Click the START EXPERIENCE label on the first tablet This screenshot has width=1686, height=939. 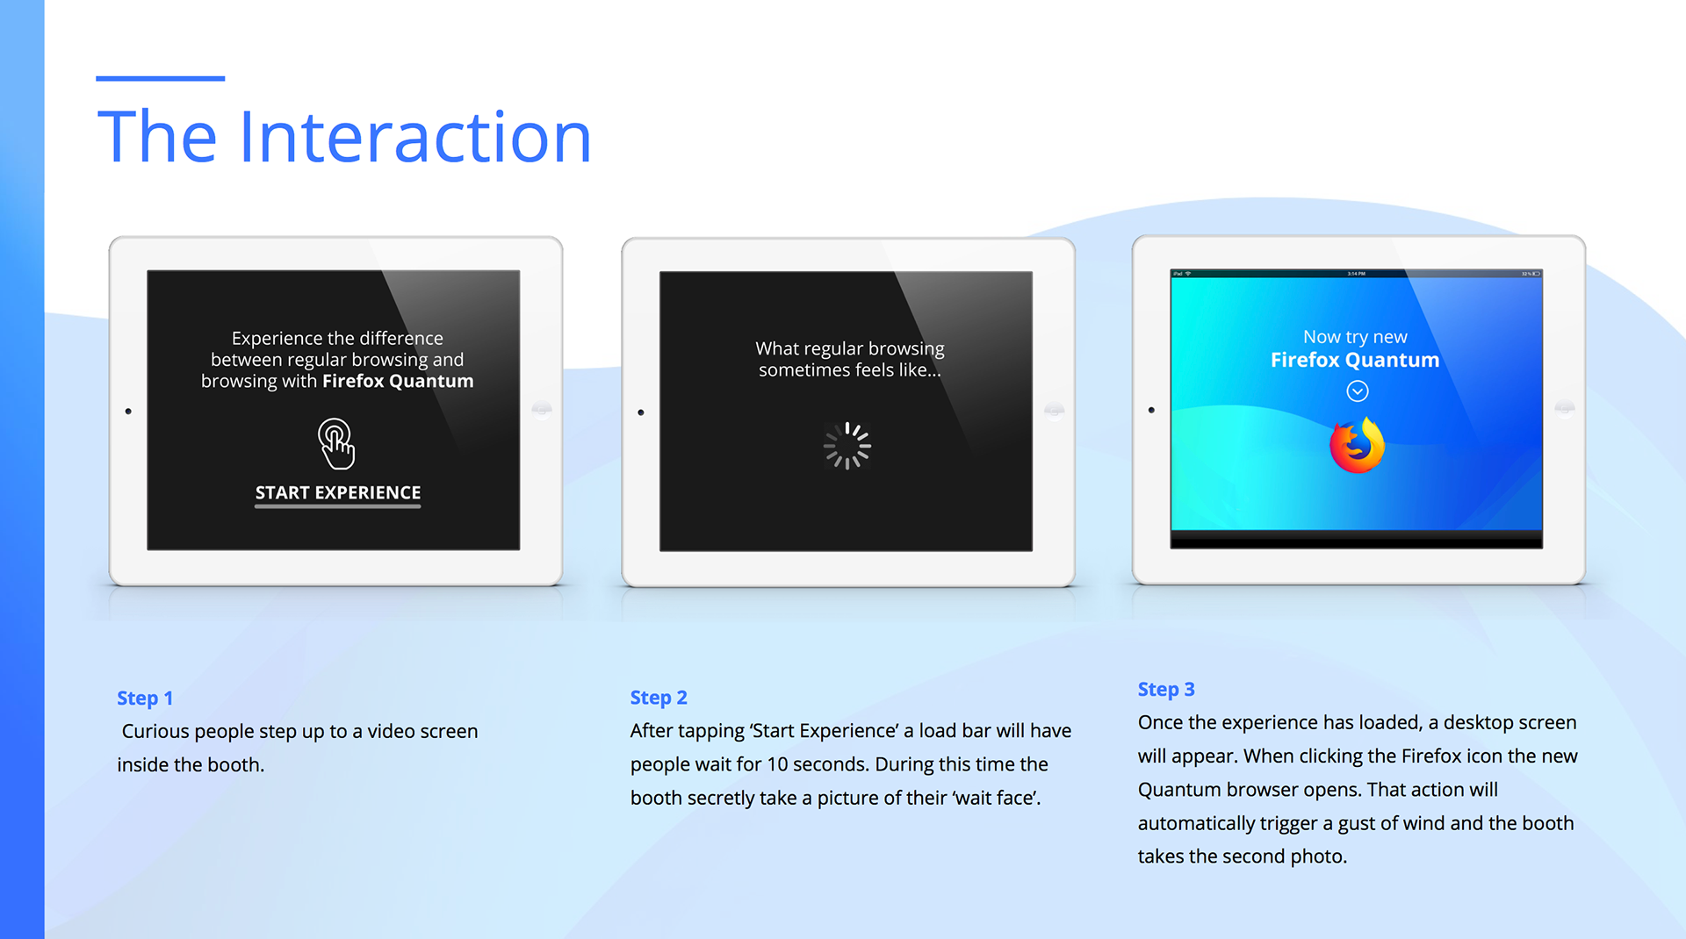[x=338, y=493]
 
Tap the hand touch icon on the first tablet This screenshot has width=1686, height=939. [x=336, y=443]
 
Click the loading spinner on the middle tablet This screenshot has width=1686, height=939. [x=847, y=446]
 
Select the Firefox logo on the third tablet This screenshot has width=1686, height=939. [x=1357, y=446]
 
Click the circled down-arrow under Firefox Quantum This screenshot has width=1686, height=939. [x=1358, y=391]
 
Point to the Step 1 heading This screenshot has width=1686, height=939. [x=145, y=699]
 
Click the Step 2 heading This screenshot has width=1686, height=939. [x=659, y=698]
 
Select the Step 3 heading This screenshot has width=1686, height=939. [x=1166, y=690]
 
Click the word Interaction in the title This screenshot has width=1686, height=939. [x=414, y=137]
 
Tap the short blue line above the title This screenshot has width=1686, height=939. [x=160, y=78]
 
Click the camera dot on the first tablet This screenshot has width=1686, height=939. [x=128, y=411]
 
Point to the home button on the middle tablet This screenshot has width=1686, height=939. [x=1054, y=411]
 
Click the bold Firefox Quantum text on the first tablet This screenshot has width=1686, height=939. [x=398, y=381]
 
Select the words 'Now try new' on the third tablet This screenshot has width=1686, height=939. [x=1355, y=337]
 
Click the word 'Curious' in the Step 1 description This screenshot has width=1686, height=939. [x=155, y=731]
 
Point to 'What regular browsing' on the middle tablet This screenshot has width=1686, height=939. [x=850, y=349]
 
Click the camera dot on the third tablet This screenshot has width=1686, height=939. [x=1151, y=410]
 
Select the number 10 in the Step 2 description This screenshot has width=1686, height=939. [x=777, y=764]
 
